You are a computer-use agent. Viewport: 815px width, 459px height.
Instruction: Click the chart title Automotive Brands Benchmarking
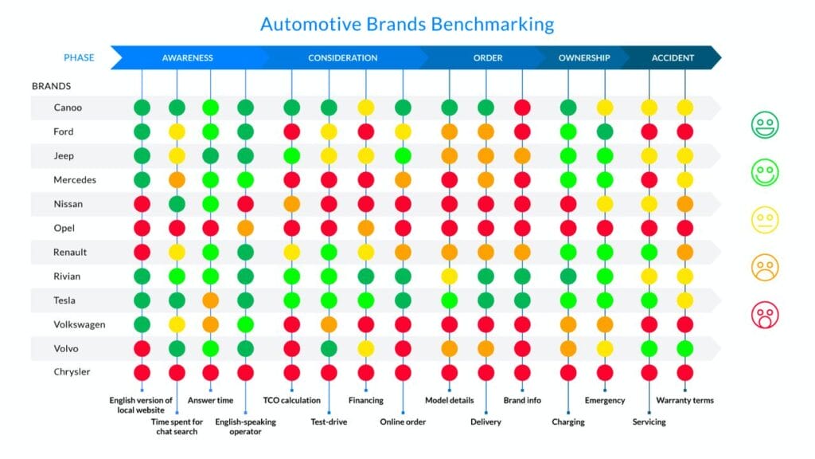coord(407,24)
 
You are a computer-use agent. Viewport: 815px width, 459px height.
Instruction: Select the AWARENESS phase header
coord(187,57)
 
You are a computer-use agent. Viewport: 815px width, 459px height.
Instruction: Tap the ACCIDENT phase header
coord(673,57)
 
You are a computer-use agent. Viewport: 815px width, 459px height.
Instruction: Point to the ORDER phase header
coord(488,57)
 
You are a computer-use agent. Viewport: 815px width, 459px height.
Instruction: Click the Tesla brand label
coord(64,300)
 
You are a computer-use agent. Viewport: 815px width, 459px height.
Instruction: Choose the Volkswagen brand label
coord(79,325)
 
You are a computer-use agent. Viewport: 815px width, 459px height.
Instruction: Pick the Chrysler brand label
coord(72,371)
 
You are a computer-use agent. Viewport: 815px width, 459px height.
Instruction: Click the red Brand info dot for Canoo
coord(522,108)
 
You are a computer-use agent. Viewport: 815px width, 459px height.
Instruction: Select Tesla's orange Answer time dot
coord(210,300)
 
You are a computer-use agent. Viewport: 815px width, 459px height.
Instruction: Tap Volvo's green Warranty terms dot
coord(685,349)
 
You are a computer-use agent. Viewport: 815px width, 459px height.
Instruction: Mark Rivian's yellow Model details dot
coord(450,277)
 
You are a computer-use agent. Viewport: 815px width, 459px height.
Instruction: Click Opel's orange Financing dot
coord(366,228)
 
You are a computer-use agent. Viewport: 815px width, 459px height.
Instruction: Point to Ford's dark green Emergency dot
coord(605,131)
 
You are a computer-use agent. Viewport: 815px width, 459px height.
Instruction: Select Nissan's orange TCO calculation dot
coord(291,204)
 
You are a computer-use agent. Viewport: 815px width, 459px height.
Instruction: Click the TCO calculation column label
coord(291,400)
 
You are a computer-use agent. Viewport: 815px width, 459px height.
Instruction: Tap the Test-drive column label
coord(329,422)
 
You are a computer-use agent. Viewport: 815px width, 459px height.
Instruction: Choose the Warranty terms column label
coord(685,400)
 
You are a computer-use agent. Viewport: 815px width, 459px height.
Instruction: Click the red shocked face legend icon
coord(765,315)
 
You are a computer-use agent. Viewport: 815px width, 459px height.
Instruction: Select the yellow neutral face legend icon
coord(765,220)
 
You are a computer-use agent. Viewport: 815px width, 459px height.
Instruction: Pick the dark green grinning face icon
coord(765,125)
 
